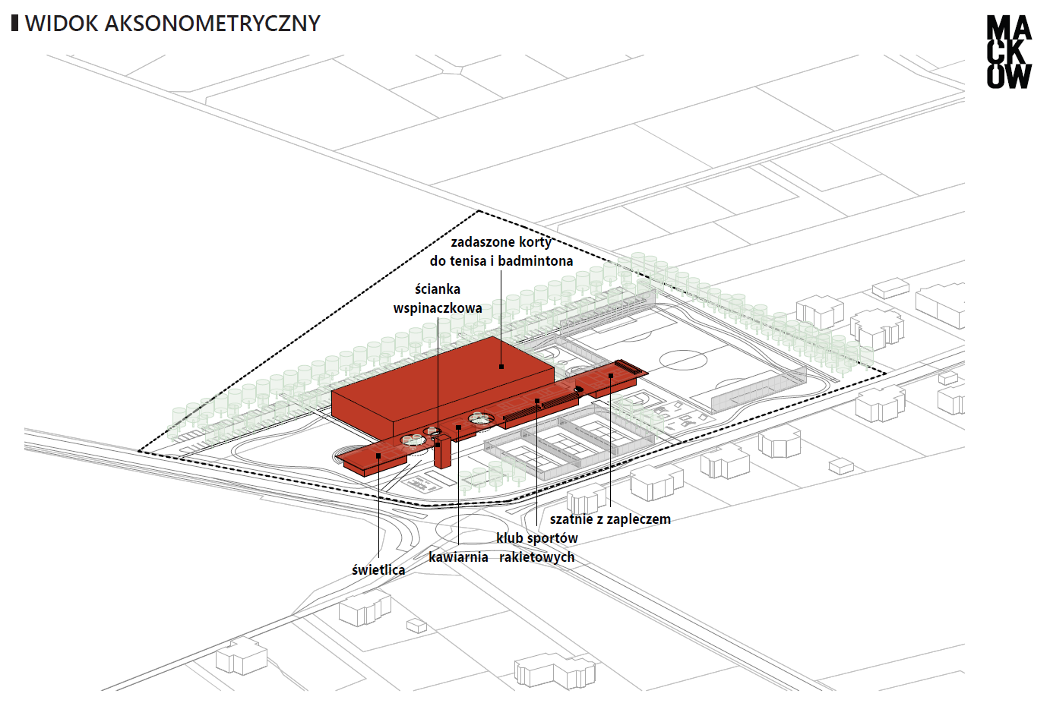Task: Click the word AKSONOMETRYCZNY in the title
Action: (212, 24)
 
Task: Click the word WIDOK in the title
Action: (62, 24)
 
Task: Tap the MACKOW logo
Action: (1008, 52)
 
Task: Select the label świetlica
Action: (378, 569)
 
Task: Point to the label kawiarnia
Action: (458, 557)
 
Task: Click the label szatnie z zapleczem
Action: (610, 519)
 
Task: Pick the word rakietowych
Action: (536, 557)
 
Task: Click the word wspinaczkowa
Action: (438, 308)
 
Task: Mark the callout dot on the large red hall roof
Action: (501, 367)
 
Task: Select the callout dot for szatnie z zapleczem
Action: (611, 375)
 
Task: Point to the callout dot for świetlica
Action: (378, 456)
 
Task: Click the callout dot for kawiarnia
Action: (458, 427)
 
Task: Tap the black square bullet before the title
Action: (14, 23)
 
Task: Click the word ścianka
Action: (438, 289)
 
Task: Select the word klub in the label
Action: (510, 538)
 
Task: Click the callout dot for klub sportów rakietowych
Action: (537, 401)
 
